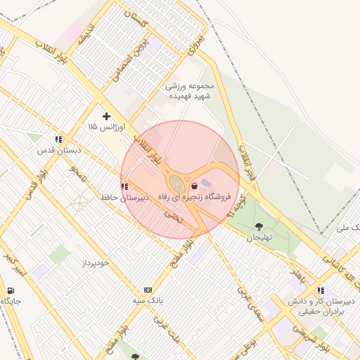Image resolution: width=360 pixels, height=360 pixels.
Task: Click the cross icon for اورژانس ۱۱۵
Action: tap(106, 115)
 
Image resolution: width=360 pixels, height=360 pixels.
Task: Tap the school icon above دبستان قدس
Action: tap(58, 139)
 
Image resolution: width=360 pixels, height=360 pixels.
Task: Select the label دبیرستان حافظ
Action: tap(126, 198)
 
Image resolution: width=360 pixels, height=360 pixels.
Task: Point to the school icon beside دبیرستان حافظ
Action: tap(124, 186)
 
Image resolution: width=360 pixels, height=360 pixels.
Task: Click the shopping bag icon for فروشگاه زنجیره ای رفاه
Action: tap(194, 187)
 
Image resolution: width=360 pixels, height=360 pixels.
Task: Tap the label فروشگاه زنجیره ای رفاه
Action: tap(200, 199)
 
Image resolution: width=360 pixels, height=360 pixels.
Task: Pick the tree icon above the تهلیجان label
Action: tap(259, 226)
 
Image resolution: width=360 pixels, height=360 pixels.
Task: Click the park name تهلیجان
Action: tap(259, 238)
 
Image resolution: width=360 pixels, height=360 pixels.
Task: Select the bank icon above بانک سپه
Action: tap(148, 290)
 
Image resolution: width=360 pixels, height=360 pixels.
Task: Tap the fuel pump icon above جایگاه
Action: tap(10, 290)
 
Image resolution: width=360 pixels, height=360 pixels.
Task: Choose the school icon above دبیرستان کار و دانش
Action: tap(321, 290)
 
